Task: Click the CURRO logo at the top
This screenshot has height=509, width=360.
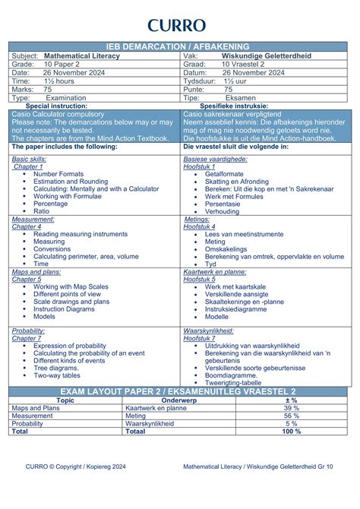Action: (x=179, y=26)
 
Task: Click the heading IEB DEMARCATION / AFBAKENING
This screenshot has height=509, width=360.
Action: (x=180, y=47)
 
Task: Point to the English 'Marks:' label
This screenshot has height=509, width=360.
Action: (x=22, y=90)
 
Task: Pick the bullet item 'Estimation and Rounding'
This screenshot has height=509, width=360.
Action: (x=71, y=182)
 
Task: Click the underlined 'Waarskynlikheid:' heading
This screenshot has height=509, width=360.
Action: (x=212, y=331)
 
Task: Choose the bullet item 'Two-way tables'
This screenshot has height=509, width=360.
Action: (x=57, y=375)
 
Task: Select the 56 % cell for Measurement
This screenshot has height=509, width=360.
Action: (x=292, y=416)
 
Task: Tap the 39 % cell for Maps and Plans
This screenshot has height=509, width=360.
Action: (x=292, y=408)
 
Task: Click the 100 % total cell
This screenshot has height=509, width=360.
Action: (x=292, y=431)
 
